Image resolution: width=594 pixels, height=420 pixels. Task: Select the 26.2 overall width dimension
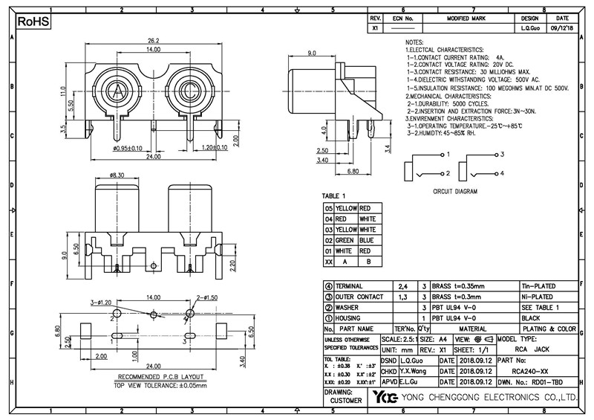click(154, 41)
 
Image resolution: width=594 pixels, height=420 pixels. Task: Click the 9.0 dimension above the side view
click(312, 54)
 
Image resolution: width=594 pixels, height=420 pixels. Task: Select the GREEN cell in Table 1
click(346, 240)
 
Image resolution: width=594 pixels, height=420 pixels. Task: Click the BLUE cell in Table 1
click(367, 240)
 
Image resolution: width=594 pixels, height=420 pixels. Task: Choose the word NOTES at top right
click(414, 42)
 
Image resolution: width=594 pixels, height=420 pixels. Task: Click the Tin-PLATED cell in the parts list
click(538, 286)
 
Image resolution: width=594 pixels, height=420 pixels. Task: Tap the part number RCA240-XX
click(532, 370)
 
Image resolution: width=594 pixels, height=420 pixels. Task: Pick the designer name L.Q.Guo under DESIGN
click(529, 28)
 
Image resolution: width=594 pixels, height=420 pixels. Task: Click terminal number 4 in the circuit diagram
click(502, 172)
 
